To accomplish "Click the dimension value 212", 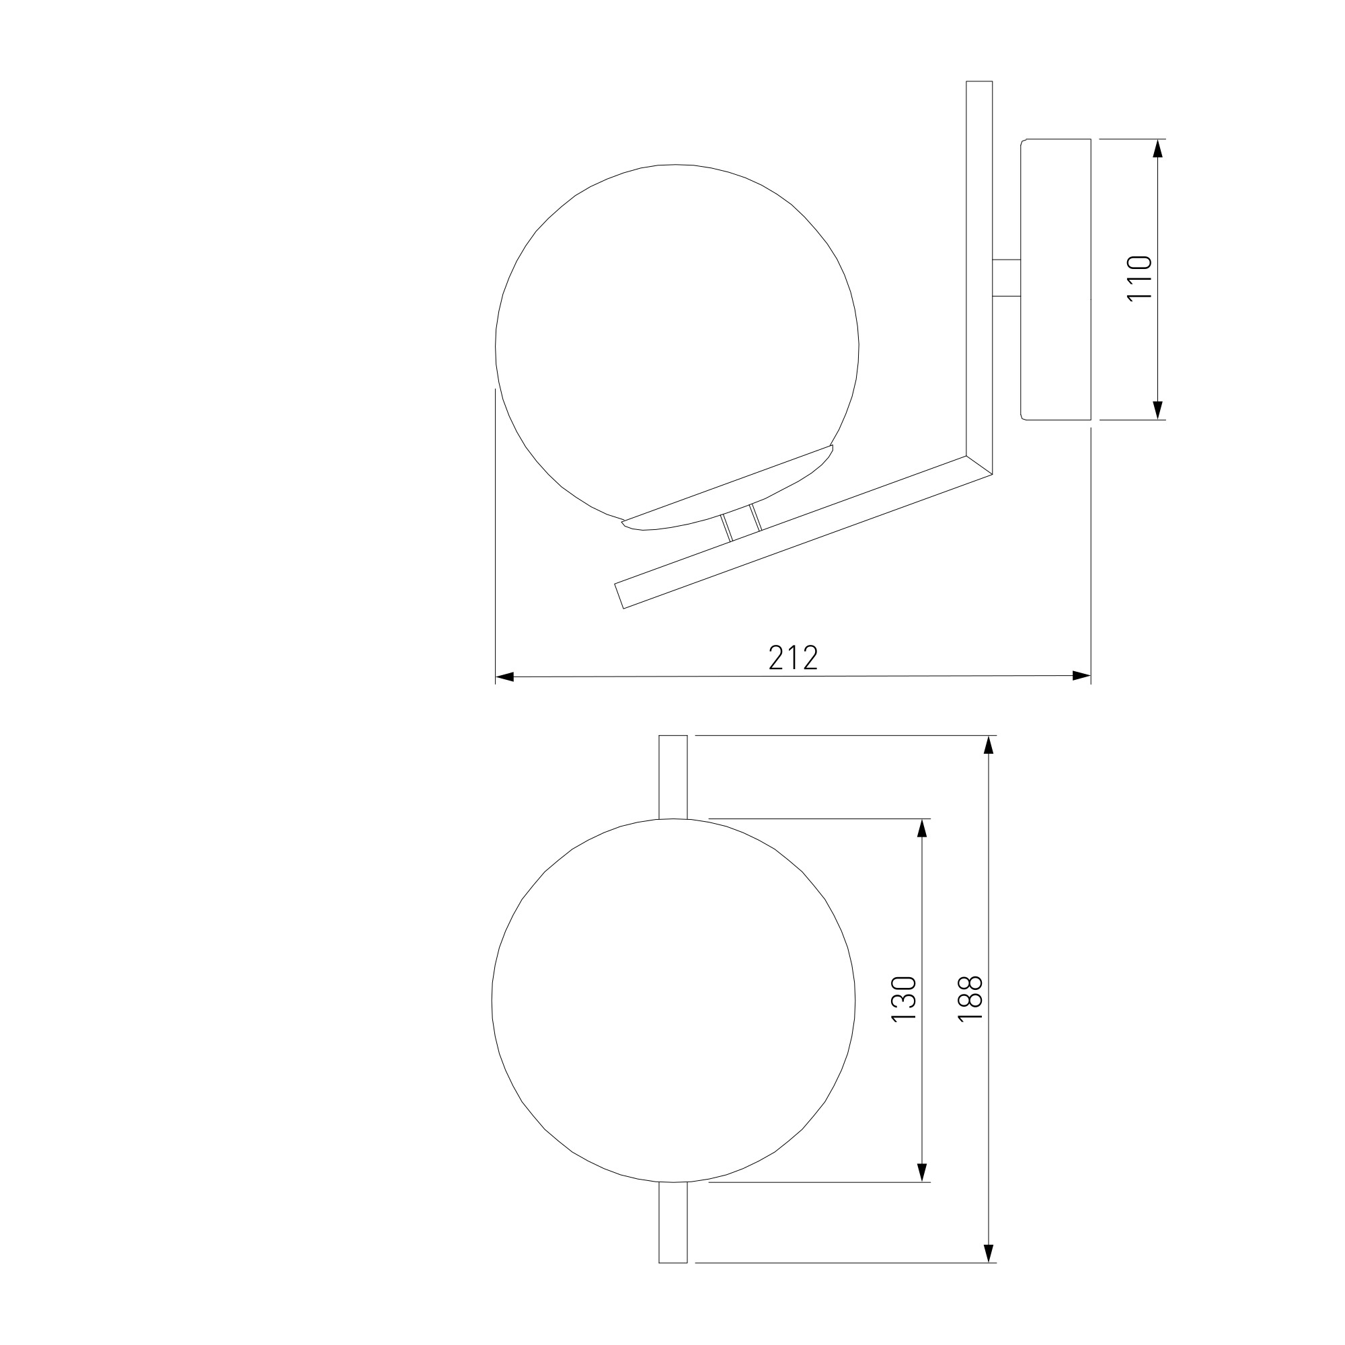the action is (793, 657).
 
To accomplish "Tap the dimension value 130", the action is (905, 999).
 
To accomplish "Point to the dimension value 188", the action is (970, 999).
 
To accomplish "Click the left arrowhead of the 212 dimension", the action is (504, 677).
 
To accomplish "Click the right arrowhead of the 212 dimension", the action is (1081, 675).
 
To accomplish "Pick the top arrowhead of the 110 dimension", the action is (1158, 148).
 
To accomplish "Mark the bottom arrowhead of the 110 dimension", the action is (1158, 410).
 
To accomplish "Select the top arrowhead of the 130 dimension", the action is (923, 829).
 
